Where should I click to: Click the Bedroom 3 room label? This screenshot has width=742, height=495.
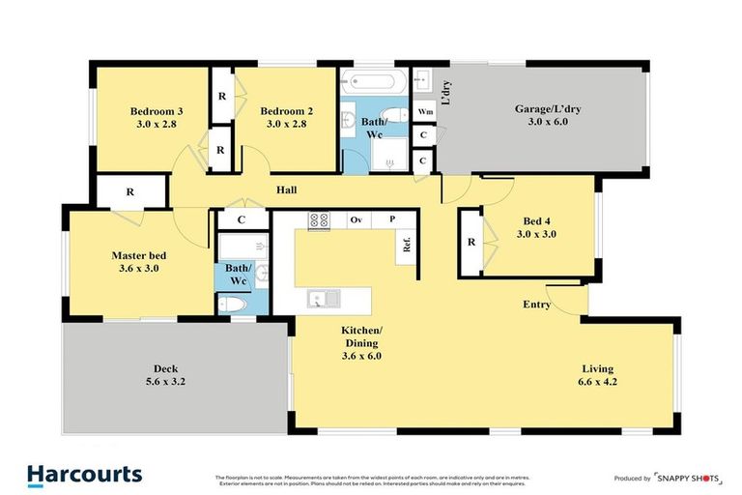[157, 117]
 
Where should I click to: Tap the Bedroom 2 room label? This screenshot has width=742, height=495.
[286, 117]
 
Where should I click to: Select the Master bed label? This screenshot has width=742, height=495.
[138, 261]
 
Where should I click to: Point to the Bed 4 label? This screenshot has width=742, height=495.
[536, 227]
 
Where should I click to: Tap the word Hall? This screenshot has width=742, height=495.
[286, 189]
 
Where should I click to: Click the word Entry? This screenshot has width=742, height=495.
[536, 305]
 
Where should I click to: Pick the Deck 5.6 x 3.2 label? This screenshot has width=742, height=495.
[165, 375]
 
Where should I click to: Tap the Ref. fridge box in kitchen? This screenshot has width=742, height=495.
[406, 247]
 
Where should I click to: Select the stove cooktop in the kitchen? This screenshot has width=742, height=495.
[320, 220]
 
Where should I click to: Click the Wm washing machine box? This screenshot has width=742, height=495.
[424, 112]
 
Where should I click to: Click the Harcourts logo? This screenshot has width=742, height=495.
[85, 474]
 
